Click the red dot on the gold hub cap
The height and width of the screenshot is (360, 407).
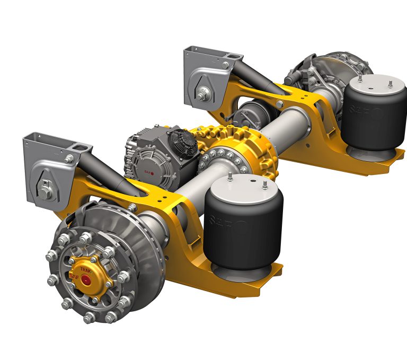click(85, 280)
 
